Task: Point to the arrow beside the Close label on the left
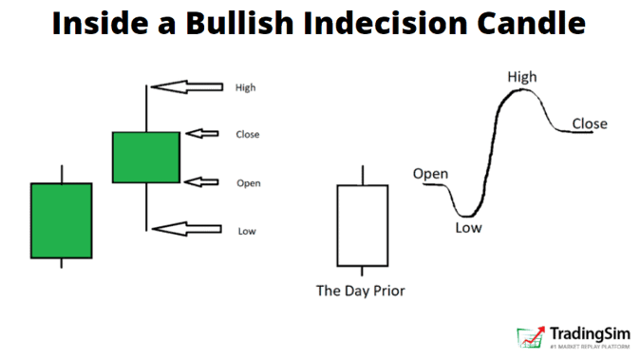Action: point(201,135)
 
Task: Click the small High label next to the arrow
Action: point(245,87)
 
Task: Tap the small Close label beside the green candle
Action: point(248,135)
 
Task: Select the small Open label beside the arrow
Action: point(248,182)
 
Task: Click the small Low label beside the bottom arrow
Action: point(245,230)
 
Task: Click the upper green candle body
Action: point(145,157)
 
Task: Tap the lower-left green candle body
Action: point(61,220)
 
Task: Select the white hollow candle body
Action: point(362,225)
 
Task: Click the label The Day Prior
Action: point(361,291)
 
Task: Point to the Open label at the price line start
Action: point(430,174)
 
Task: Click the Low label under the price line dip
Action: point(468,227)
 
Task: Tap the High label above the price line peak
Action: point(521,76)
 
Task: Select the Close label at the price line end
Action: point(590,123)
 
